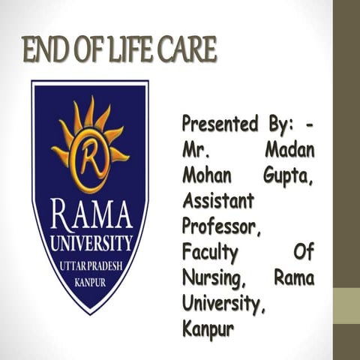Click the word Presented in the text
tap(217, 123)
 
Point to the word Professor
tap(221, 226)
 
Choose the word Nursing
tap(215, 278)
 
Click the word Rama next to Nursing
tap(294, 277)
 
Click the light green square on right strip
tap(346, 304)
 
